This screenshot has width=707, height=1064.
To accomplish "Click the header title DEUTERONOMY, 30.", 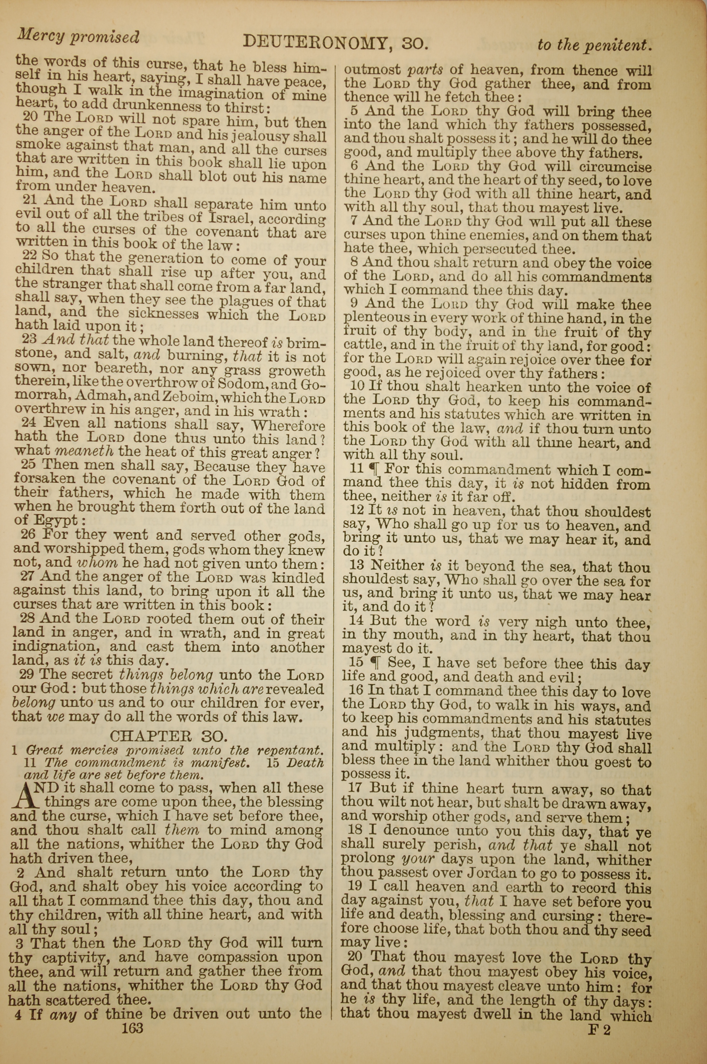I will [x=335, y=43].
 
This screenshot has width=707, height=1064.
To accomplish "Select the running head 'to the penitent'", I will [x=595, y=45].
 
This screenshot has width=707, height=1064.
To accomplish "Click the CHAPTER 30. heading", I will [x=167, y=736].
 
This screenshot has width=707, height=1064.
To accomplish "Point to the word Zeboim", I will [x=191, y=398].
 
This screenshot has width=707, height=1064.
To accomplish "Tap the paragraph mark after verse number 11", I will [x=374, y=469].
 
